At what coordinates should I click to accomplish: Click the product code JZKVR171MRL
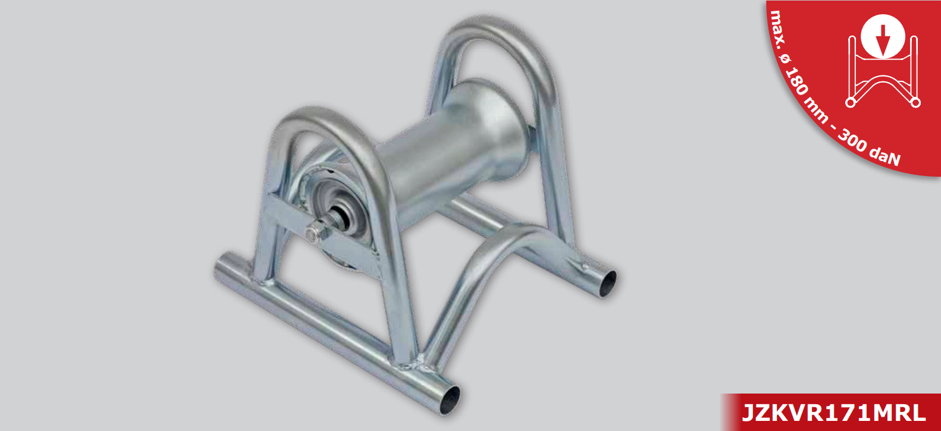(833, 413)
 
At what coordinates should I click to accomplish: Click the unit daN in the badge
(886, 156)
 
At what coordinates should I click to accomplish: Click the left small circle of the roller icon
(850, 102)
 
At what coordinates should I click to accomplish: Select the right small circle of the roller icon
(916, 102)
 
